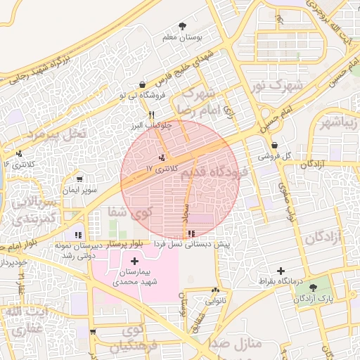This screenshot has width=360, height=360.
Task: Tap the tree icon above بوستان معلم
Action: (x=184, y=25)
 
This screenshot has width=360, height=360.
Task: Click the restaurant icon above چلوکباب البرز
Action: (x=151, y=115)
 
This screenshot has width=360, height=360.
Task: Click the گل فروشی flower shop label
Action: (x=278, y=156)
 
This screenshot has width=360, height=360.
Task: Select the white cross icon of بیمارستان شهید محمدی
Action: (x=134, y=262)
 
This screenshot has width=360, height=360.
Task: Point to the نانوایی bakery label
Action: (x=215, y=300)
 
